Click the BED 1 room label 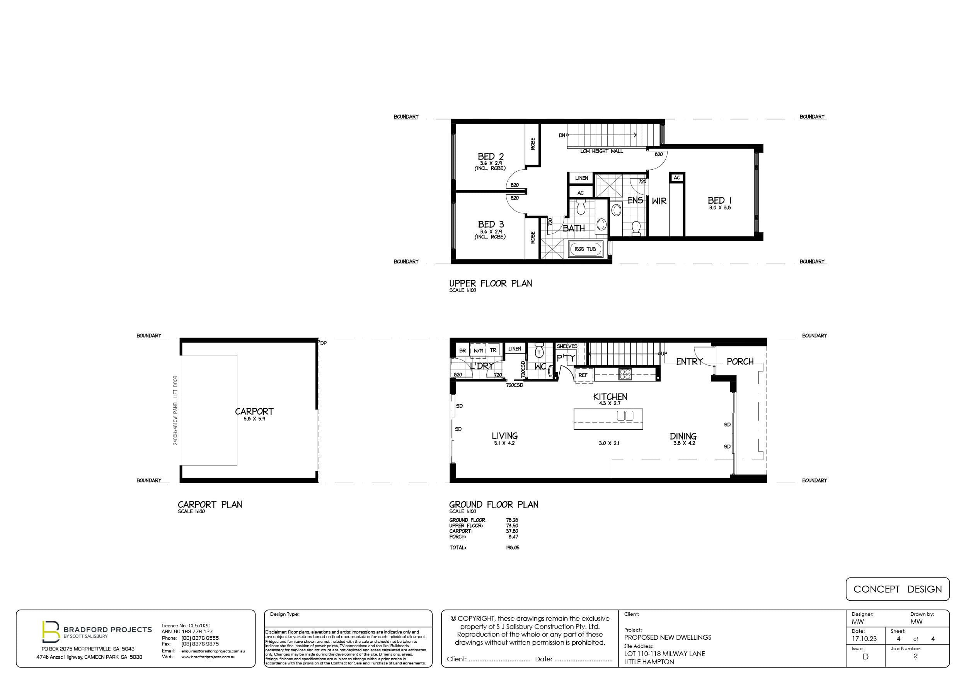(x=719, y=200)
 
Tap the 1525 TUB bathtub (x=585, y=249)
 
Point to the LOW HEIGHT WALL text (x=601, y=151)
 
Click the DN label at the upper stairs (x=562, y=136)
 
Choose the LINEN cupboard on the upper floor (x=581, y=178)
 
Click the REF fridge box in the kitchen (x=583, y=375)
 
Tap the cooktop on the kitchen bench (x=625, y=374)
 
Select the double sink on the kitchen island (x=625, y=416)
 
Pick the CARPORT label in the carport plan (x=254, y=411)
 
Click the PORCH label (x=740, y=361)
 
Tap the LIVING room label (x=504, y=436)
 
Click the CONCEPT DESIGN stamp (x=898, y=589)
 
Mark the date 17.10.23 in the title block (x=864, y=639)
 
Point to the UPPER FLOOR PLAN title (x=491, y=284)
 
